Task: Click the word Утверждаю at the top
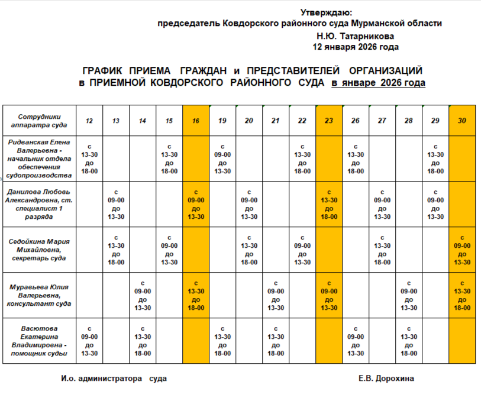point(325,12)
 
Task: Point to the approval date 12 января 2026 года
point(355,47)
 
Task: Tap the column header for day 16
point(196,121)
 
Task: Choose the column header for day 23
point(329,121)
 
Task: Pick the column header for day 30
point(462,121)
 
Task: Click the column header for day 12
point(89,121)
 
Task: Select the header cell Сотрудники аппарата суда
point(39,121)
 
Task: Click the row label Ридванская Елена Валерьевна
point(39,159)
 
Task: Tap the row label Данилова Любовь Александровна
point(39,204)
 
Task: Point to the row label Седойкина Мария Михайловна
point(39,250)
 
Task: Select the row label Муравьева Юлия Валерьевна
point(39,296)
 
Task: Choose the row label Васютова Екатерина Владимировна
point(39,341)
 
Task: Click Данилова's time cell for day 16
point(196,204)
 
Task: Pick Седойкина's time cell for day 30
point(462,250)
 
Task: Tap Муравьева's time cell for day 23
point(329,296)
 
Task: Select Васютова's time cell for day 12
point(89,341)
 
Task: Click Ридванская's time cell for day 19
point(222,159)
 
